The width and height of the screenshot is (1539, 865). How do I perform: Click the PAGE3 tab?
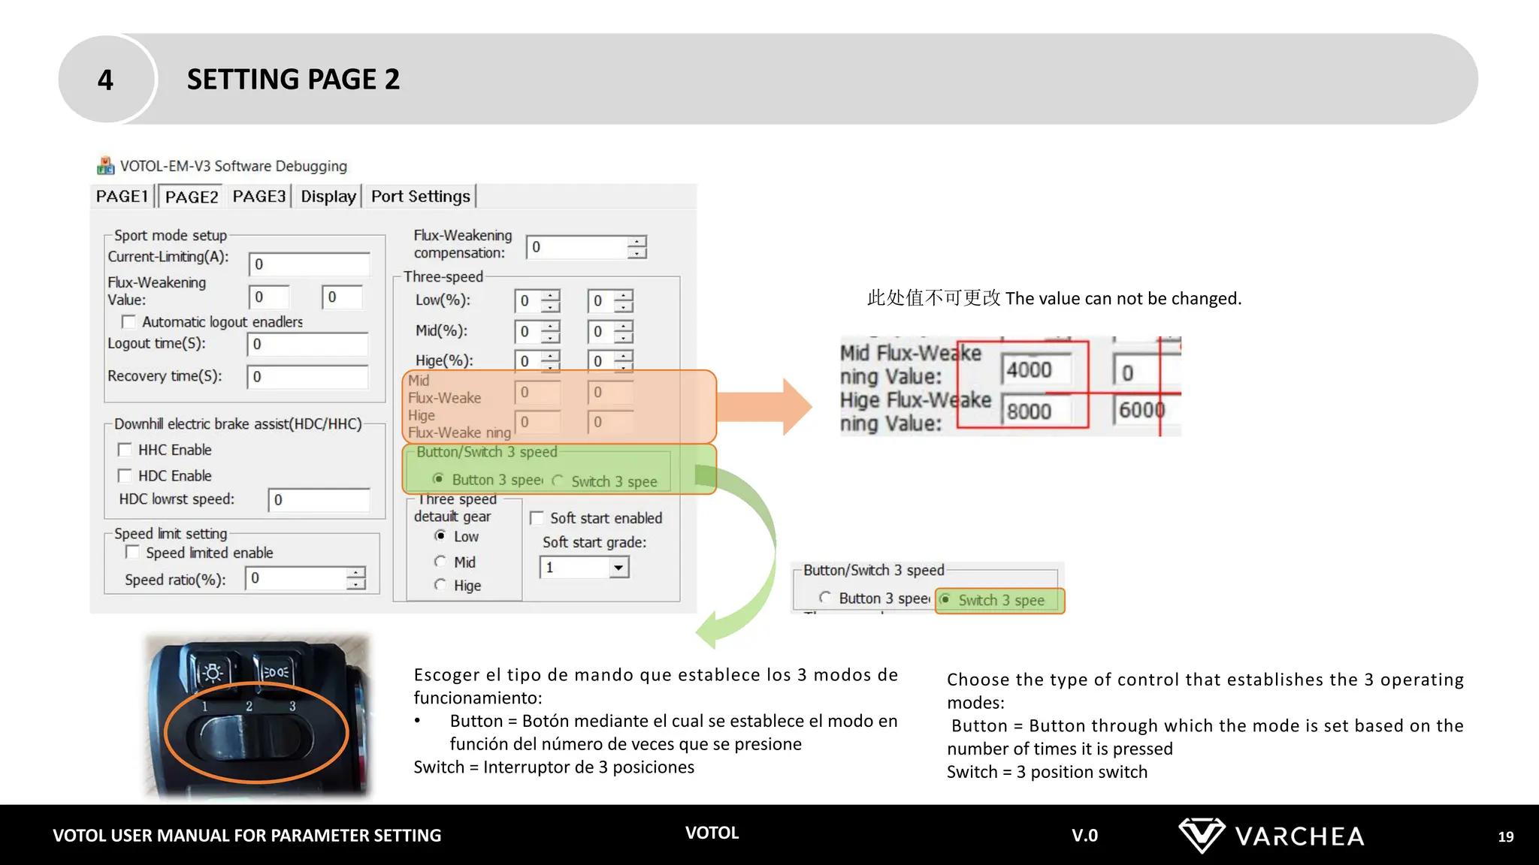pyautogui.click(x=259, y=196)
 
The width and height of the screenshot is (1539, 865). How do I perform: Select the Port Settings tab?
pyautogui.click(x=420, y=196)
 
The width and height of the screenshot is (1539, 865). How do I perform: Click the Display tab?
pyautogui.click(x=328, y=196)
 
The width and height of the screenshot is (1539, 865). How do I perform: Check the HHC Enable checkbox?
pyautogui.click(x=125, y=450)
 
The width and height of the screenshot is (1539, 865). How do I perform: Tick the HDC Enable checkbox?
pyautogui.click(x=125, y=475)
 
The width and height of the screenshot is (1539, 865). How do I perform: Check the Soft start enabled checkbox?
pyautogui.click(x=537, y=518)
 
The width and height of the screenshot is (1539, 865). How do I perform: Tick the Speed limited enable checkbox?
pyautogui.click(x=132, y=553)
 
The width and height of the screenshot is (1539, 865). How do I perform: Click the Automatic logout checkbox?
pyautogui.click(x=129, y=322)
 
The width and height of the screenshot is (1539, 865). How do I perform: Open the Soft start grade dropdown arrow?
pyautogui.click(x=618, y=568)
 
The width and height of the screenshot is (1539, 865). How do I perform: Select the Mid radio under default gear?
pyautogui.click(x=440, y=562)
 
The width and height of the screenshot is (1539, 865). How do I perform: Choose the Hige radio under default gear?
pyautogui.click(x=440, y=585)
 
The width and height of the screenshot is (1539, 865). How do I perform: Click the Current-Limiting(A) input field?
pyautogui.click(x=309, y=264)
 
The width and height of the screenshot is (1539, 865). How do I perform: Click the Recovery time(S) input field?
pyautogui.click(x=307, y=377)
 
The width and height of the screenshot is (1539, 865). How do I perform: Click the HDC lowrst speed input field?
pyautogui.click(x=319, y=500)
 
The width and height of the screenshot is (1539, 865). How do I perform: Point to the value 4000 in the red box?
pyautogui.click(x=1029, y=370)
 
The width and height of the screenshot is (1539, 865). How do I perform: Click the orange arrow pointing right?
pyautogui.click(x=766, y=406)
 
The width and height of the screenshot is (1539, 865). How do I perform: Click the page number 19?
pyautogui.click(x=1505, y=836)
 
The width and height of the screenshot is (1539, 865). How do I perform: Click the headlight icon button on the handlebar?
pyautogui.click(x=213, y=671)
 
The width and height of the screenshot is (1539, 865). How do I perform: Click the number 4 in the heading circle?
pyautogui.click(x=105, y=80)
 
